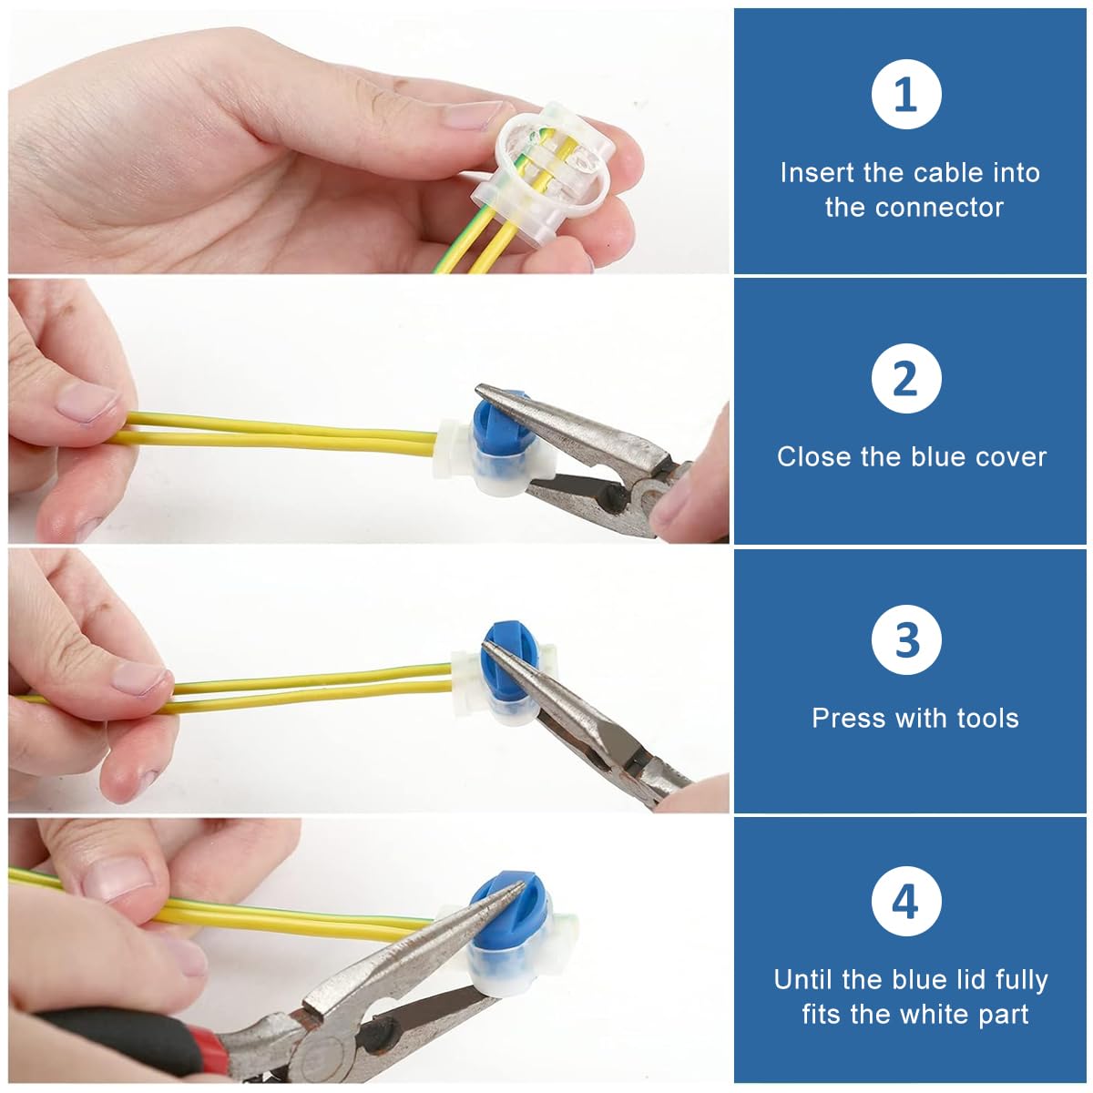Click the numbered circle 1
tap(905, 94)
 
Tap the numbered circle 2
tap(905, 378)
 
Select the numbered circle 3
tap(905, 639)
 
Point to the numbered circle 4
tap(905, 901)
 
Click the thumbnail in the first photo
tap(473, 115)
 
